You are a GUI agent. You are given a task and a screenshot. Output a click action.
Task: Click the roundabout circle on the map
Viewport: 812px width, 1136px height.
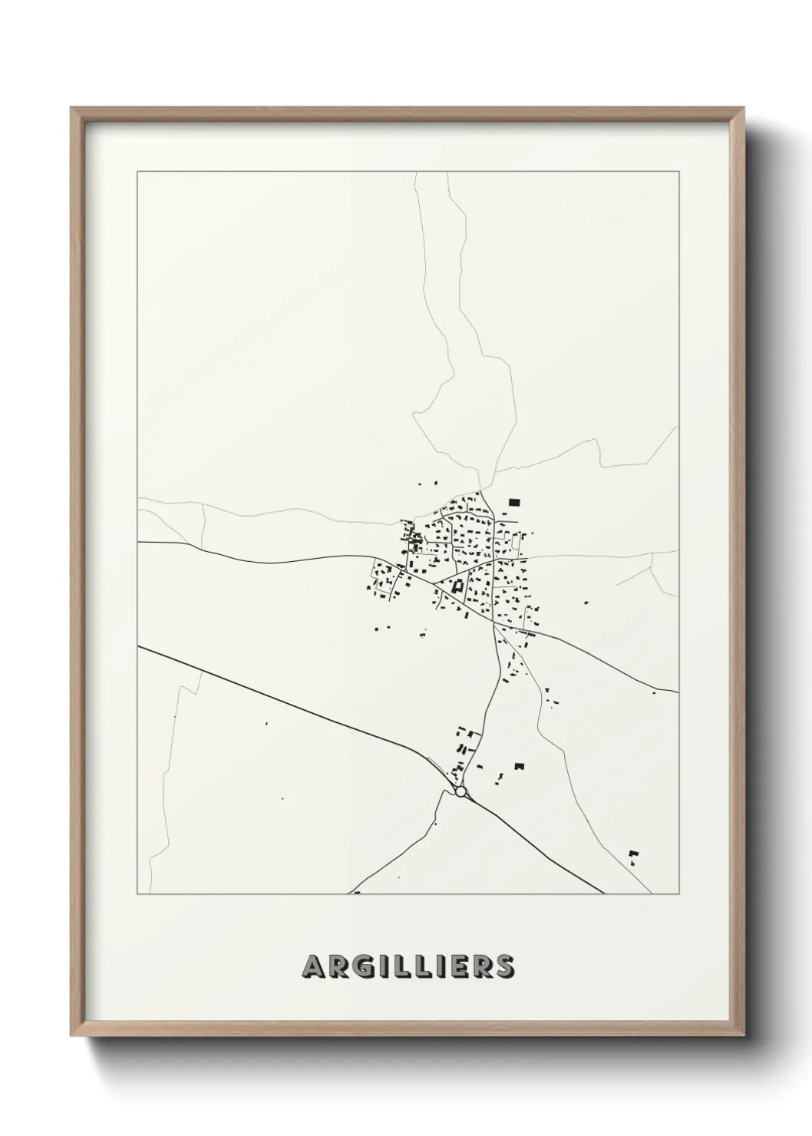click(460, 791)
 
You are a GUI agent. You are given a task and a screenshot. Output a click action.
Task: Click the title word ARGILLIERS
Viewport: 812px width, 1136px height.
click(408, 966)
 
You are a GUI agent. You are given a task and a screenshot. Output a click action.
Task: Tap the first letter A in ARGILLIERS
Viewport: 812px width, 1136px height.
click(315, 966)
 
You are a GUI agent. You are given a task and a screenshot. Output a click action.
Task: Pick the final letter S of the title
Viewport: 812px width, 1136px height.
click(503, 966)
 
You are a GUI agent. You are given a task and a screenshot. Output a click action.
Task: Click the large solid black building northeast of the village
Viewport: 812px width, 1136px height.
click(513, 502)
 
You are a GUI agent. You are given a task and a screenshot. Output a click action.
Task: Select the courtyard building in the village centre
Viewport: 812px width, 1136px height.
click(458, 586)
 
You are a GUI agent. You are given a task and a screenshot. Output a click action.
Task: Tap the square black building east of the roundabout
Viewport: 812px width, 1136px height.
click(519, 766)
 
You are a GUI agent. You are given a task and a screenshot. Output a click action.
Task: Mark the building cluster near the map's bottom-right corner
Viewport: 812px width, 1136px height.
click(634, 856)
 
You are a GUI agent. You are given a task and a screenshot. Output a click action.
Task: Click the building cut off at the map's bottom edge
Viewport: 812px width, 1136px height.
click(356, 893)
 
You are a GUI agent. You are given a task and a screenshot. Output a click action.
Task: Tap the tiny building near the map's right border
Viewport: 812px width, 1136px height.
click(653, 693)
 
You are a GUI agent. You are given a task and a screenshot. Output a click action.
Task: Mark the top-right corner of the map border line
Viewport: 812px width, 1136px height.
click(678, 172)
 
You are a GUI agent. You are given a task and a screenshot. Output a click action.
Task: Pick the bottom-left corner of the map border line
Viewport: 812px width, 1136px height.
click(137, 894)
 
